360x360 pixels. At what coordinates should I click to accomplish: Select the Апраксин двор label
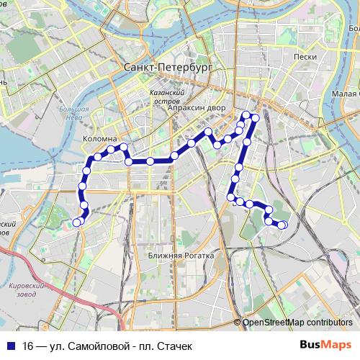click(x=196, y=108)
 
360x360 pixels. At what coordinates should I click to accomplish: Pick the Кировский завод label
click(x=26, y=289)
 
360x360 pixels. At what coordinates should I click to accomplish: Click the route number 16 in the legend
click(x=27, y=346)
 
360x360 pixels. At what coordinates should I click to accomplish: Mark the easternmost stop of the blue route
click(x=283, y=225)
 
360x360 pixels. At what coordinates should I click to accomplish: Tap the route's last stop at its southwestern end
click(x=78, y=221)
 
